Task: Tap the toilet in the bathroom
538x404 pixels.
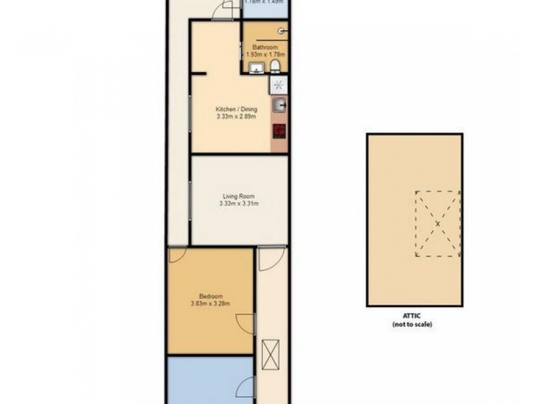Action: click(x=276, y=66)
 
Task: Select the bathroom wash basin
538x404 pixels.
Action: click(x=256, y=67)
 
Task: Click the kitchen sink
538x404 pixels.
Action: click(x=280, y=105)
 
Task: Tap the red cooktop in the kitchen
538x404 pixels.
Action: click(x=279, y=131)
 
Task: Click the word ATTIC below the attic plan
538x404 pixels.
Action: click(x=412, y=317)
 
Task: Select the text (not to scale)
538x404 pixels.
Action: click(x=412, y=325)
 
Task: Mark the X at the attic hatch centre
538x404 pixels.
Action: click(x=437, y=224)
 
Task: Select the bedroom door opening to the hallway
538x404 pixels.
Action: click(x=248, y=322)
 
